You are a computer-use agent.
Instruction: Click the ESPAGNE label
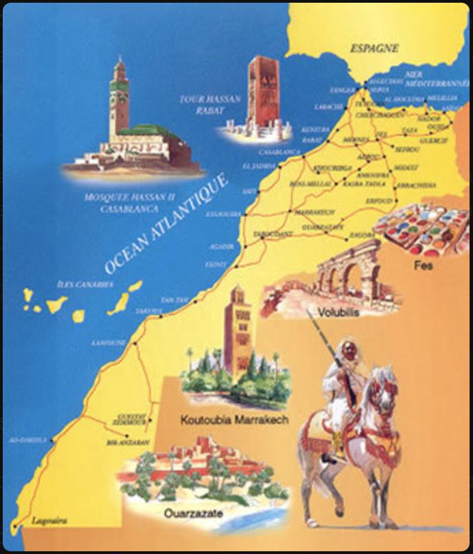tap(375, 49)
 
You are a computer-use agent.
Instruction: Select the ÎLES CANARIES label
tap(84, 285)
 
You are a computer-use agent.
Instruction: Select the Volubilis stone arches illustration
tap(343, 274)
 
